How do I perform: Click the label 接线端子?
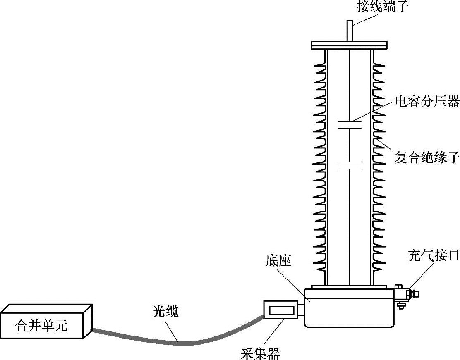coord(383,7)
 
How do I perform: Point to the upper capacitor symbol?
coord(350,124)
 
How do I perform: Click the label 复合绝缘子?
coord(426,157)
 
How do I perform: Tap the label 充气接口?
coord(434,255)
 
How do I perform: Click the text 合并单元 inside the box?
coord(41,326)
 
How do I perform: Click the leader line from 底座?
coord(295,285)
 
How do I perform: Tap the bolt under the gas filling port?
coord(400,305)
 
